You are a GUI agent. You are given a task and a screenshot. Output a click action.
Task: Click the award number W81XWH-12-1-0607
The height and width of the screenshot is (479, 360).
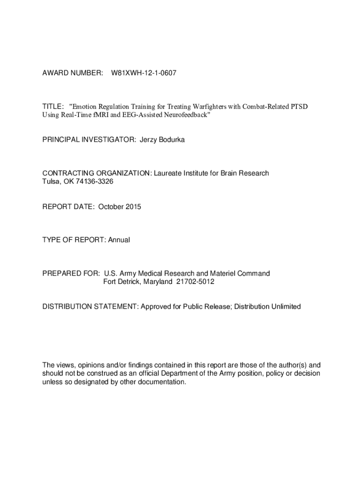(x=144, y=73)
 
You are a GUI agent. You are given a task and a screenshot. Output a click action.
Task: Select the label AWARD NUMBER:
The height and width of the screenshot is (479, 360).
(x=72, y=73)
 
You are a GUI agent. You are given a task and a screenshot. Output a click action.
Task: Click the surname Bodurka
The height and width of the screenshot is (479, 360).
(x=172, y=140)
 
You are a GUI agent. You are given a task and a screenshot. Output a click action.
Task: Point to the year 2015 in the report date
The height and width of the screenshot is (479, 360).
(x=133, y=206)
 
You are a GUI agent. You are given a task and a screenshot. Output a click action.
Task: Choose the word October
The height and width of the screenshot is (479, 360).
(x=111, y=206)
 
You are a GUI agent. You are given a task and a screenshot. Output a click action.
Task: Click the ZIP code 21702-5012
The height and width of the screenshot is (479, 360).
(x=195, y=282)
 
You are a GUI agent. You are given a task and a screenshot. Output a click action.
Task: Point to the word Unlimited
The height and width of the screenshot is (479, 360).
(x=285, y=307)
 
